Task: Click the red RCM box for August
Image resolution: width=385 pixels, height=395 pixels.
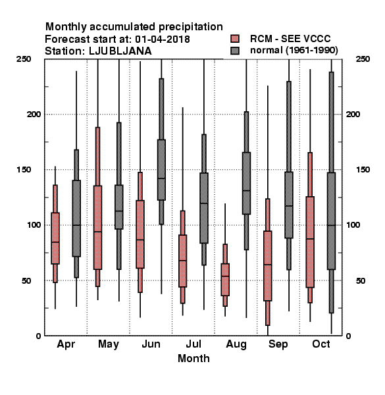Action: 225,280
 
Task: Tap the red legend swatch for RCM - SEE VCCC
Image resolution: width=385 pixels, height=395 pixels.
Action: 235,39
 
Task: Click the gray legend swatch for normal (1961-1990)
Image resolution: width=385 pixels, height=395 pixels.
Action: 235,51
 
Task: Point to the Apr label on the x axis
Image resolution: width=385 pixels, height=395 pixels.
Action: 66,344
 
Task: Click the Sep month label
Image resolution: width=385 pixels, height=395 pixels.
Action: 278,344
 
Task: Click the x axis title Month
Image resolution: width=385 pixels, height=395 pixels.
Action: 193,358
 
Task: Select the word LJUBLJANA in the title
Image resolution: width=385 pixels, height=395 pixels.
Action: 120,51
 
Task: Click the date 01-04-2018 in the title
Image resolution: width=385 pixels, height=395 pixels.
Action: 163,39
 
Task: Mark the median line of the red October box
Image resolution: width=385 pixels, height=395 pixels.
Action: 310,238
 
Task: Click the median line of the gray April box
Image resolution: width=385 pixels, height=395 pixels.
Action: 76,225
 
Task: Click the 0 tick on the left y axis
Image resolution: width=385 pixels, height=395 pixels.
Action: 38,336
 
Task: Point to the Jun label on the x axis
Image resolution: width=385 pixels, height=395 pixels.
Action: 151,344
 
